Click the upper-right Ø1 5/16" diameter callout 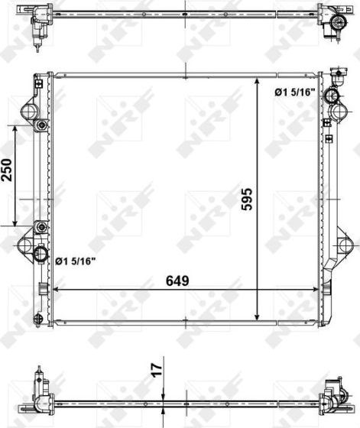(x=294, y=93)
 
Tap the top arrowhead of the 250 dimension (x=15, y=127)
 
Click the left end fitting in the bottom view (x=38, y=390)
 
